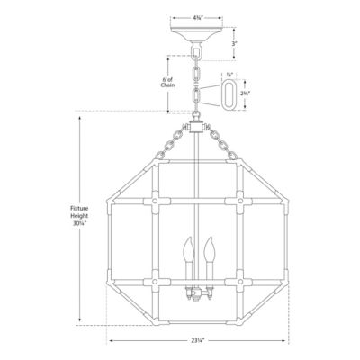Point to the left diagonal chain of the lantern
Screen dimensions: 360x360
point(171,142)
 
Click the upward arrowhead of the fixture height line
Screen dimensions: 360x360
point(81,115)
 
